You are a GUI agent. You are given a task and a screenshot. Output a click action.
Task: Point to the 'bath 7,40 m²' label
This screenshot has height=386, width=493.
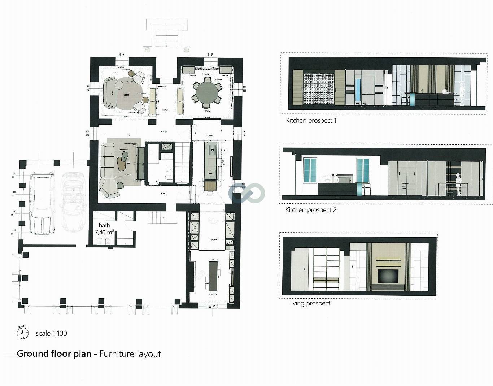point(104,229)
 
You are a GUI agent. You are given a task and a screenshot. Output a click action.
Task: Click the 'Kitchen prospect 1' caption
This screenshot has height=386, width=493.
point(311,121)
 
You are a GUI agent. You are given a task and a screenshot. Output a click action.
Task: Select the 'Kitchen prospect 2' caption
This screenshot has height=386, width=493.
point(311,210)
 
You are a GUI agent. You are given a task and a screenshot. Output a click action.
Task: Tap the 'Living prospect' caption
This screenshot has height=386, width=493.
point(309,303)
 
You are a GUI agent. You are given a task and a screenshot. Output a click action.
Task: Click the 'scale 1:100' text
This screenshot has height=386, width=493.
point(51,333)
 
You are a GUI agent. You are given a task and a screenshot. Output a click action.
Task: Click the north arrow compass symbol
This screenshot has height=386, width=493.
point(23,333)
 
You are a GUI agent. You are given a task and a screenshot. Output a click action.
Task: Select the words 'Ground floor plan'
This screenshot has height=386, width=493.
point(54,354)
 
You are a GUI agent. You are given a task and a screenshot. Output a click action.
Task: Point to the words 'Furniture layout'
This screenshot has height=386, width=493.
point(130,354)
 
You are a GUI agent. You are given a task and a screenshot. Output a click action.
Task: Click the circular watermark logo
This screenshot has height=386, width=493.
point(247,192)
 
